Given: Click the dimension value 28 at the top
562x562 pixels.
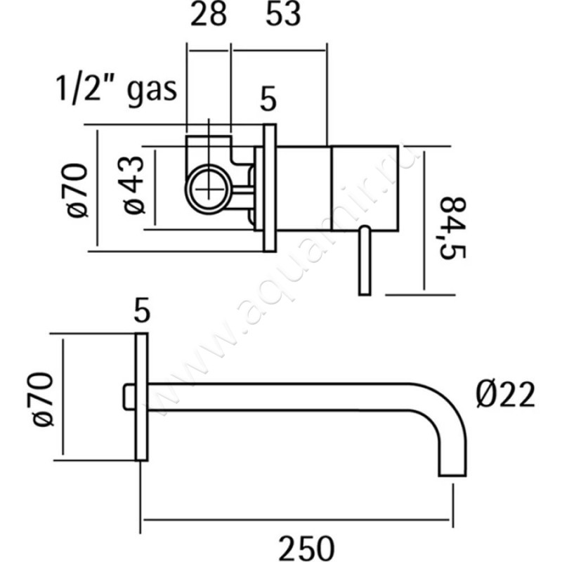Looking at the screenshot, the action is point(208,15).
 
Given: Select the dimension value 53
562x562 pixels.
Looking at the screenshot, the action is point(283,15).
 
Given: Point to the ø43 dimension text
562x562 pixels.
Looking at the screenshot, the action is point(133,185).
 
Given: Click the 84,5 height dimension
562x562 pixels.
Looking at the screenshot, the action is point(452,228).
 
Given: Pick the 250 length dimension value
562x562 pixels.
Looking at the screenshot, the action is point(306,549).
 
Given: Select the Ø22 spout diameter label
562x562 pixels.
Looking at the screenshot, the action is point(505,395).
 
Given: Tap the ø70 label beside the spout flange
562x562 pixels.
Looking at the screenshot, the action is point(43,399).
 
